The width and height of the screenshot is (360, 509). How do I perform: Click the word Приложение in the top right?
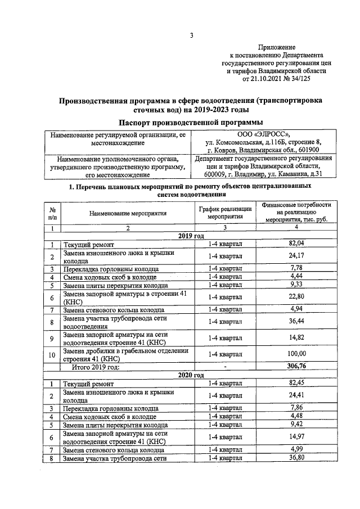click(277, 48)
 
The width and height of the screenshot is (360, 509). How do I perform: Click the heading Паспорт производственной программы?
click(191, 123)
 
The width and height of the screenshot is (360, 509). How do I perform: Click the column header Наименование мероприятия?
click(128, 214)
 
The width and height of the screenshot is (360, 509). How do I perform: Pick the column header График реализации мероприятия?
click(225, 213)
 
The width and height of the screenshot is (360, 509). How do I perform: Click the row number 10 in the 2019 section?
click(52, 354)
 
